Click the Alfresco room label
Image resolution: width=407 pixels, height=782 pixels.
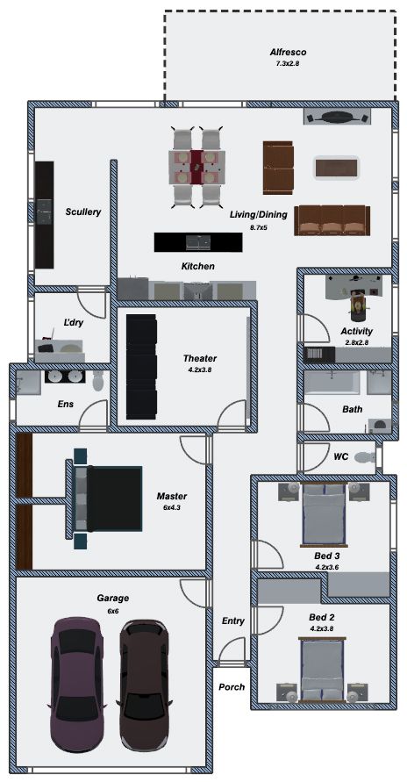pos(288,53)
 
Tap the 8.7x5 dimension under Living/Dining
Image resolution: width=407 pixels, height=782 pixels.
pos(259,227)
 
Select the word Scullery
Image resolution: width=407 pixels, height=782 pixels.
pos(83,212)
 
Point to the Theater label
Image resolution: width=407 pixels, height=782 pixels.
pos(200,358)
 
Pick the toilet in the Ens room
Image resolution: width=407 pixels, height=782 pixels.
pos(98,382)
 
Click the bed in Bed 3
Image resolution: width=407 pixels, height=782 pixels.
pos(324,514)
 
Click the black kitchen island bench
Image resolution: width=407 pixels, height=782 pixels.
pos(198,242)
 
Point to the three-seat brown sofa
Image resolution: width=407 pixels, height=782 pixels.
pos(332,220)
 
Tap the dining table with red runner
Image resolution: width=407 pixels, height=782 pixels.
pos(196,167)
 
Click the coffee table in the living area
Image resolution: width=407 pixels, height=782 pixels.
pos(337,167)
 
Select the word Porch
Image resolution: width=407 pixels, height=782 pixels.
pos(232,686)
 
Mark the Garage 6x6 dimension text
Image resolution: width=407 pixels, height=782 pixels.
pos(111,611)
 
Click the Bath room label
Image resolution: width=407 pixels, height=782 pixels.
pos(353,410)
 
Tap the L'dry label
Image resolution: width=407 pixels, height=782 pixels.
pos(73,323)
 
